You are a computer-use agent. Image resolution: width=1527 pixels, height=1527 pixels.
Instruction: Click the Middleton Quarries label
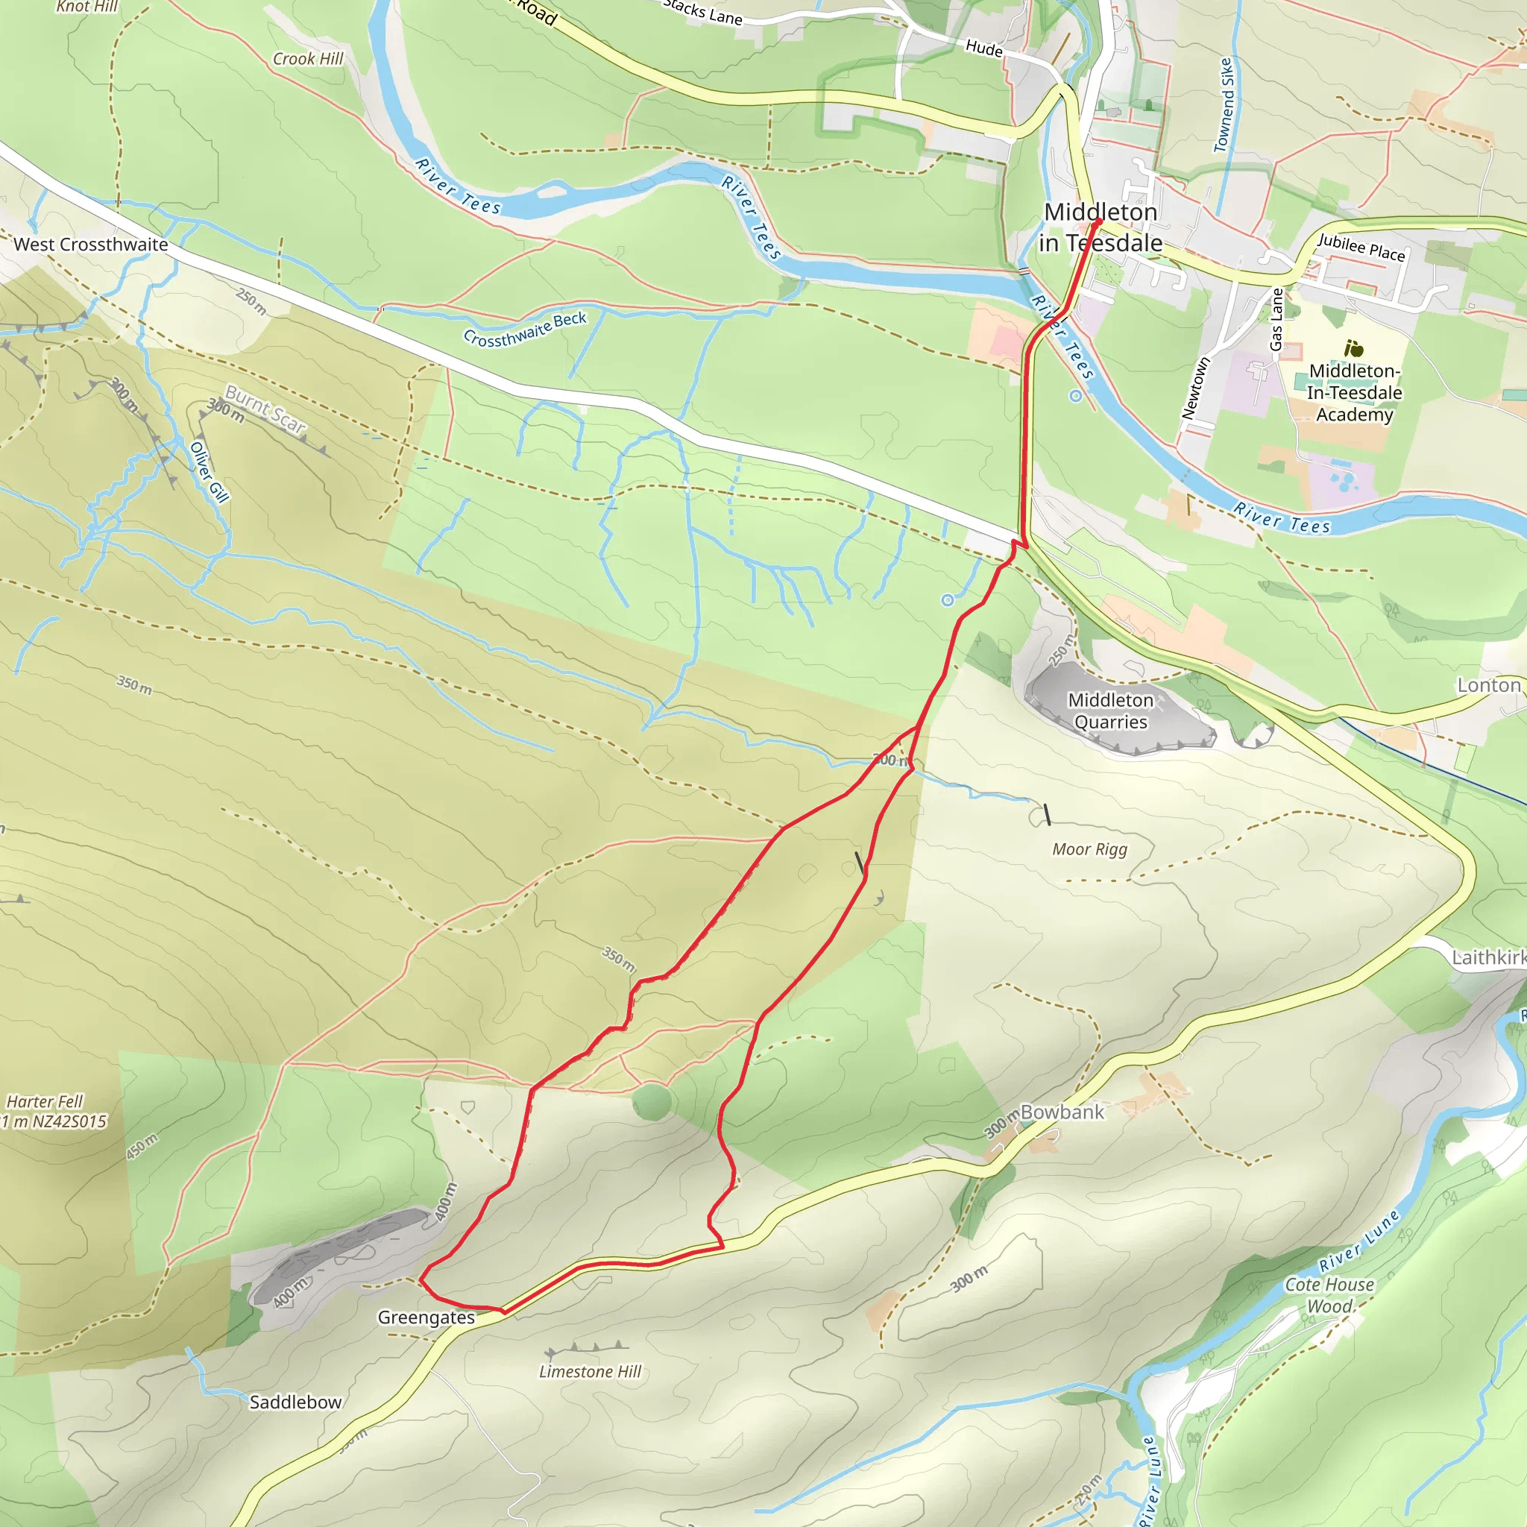(1109, 711)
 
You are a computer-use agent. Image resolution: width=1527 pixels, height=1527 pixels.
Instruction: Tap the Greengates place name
(426, 1317)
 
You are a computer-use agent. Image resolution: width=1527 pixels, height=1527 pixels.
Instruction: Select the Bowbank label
(1062, 1112)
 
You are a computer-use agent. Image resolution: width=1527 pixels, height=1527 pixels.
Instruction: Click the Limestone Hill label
(590, 1371)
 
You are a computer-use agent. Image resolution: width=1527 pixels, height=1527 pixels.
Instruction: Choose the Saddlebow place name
(295, 1402)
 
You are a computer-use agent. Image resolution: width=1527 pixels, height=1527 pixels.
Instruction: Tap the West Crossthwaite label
(91, 245)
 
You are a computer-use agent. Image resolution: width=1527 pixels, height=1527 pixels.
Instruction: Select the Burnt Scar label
(265, 409)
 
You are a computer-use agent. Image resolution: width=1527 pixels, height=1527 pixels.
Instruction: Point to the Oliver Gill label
(210, 472)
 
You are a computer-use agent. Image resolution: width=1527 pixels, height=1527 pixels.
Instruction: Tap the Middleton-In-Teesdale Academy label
(1354, 393)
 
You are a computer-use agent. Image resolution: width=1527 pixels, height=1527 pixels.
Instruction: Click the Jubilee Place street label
(1361, 248)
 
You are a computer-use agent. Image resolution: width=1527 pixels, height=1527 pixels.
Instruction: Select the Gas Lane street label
(1276, 319)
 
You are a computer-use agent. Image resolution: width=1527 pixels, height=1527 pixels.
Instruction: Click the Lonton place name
(1488, 685)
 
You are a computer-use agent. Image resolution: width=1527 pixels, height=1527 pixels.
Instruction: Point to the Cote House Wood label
(1329, 1295)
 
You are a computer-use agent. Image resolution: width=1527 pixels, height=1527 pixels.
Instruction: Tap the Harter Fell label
(45, 1101)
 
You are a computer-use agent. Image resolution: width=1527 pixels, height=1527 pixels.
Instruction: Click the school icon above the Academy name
(1353, 347)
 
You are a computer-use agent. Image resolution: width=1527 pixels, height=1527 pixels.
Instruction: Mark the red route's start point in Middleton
(1096, 223)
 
